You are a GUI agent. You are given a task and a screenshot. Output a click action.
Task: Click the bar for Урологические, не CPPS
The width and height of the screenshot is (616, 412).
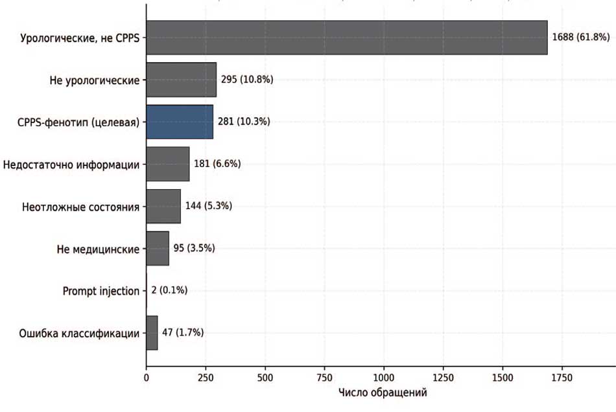tap(347, 38)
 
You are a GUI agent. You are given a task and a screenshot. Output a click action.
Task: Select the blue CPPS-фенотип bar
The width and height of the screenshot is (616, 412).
tap(180, 122)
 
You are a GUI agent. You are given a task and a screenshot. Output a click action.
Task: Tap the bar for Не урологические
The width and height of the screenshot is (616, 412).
tap(181, 80)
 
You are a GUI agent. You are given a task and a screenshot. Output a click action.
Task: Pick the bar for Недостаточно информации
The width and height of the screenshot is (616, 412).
tap(168, 164)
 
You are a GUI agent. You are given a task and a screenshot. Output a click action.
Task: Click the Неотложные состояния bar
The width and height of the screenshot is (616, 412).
tap(163, 207)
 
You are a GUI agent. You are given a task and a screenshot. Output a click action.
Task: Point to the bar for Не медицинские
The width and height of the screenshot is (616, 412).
tap(158, 248)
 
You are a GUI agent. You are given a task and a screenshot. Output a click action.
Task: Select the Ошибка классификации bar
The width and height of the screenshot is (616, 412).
tap(152, 333)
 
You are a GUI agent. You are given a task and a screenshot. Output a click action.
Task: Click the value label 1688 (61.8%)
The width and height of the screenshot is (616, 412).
tap(581, 38)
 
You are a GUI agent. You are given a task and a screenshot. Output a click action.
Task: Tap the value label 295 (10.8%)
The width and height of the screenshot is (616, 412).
tap(247, 80)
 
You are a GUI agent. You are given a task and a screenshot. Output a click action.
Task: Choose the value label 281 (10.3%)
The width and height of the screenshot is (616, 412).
tap(244, 122)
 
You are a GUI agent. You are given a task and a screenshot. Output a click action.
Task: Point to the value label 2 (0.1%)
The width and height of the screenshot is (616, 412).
tap(169, 290)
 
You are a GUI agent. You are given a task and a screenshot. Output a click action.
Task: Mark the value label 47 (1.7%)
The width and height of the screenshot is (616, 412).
tap(183, 333)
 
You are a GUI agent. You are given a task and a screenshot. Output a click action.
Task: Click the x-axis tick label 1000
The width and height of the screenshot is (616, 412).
tap(383, 378)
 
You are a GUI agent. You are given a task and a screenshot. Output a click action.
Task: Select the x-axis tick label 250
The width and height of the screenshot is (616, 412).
tap(206, 378)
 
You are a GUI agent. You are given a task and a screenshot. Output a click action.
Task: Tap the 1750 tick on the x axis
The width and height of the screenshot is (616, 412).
tap(562, 378)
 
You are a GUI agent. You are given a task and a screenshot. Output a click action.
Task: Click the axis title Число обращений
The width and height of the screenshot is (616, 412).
tap(383, 393)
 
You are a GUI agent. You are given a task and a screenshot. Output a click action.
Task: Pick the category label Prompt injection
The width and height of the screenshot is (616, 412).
tap(101, 292)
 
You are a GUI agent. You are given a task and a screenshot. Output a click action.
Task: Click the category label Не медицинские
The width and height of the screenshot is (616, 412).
tap(98, 249)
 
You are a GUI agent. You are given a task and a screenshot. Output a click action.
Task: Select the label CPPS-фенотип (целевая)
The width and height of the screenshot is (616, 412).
tap(78, 122)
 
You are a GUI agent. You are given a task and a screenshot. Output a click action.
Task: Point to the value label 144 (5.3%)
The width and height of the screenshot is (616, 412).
tap(209, 206)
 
